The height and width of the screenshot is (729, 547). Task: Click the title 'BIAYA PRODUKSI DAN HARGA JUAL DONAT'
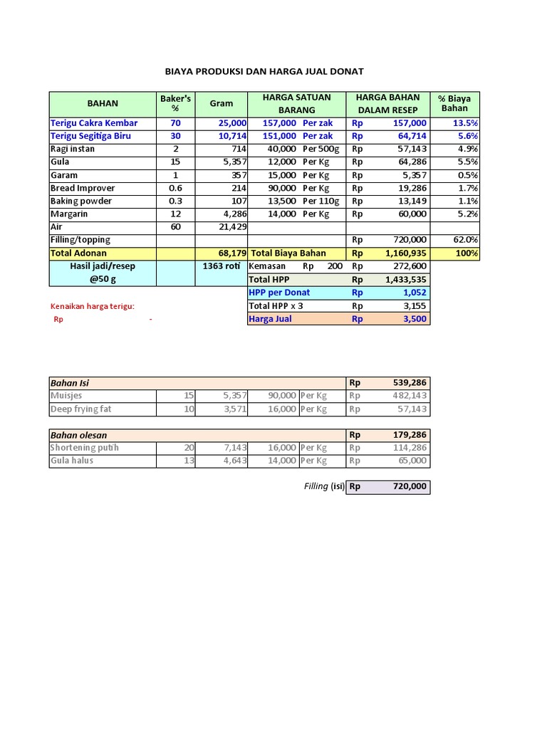pyautogui.click(x=264, y=71)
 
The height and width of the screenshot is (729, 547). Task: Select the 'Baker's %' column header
pyautogui.click(x=175, y=103)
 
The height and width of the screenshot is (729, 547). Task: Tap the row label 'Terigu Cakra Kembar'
pyautogui.click(x=93, y=123)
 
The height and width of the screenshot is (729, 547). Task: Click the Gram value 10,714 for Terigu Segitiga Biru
pyautogui.click(x=231, y=136)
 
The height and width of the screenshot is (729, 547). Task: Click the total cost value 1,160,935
pyautogui.click(x=406, y=253)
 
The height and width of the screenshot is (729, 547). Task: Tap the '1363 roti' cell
pyautogui.click(x=220, y=266)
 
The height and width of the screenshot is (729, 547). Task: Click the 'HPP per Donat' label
pyautogui.click(x=279, y=293)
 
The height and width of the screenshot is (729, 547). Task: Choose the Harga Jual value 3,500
pyautogui.click(x=414, y=319)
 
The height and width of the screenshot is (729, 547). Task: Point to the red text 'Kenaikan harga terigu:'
pyautogui.click(x=92, y=306)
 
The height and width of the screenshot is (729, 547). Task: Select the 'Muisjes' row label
pyautogui.click(x=66, y=396)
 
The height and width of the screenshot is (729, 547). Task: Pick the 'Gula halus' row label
pyautogui.click(x=71, y=461)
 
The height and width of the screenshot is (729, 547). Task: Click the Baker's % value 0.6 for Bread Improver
pyautogui.click(x=175, y=189)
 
